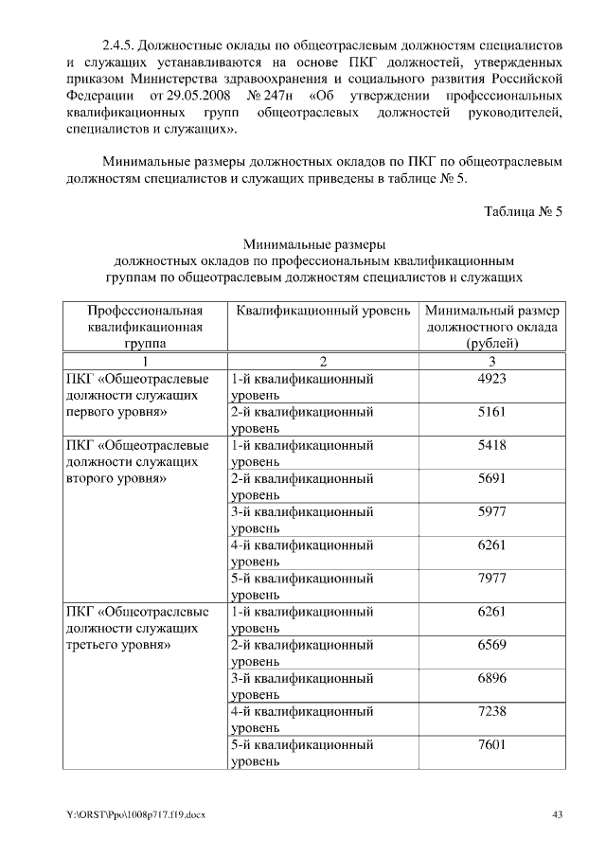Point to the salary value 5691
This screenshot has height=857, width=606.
click(x=492, y=479)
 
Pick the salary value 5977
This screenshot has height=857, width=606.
click(x=492, y=512)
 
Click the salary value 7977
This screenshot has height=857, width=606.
click(x=492, y=579)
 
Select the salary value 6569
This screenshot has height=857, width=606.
click(x=492, y=645)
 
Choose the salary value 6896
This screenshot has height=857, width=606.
click(x=492, y=678)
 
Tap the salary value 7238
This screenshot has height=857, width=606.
click(x=492, y=711)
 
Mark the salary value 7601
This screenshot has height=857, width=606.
click(x=492, y=744)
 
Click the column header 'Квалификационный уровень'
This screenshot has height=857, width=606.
click(x=323, y=311)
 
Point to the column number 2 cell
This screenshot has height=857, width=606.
click(x=323, y=361)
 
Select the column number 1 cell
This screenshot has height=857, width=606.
click(x=145, y=361)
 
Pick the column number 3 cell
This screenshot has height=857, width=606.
click(x=492, y=361)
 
